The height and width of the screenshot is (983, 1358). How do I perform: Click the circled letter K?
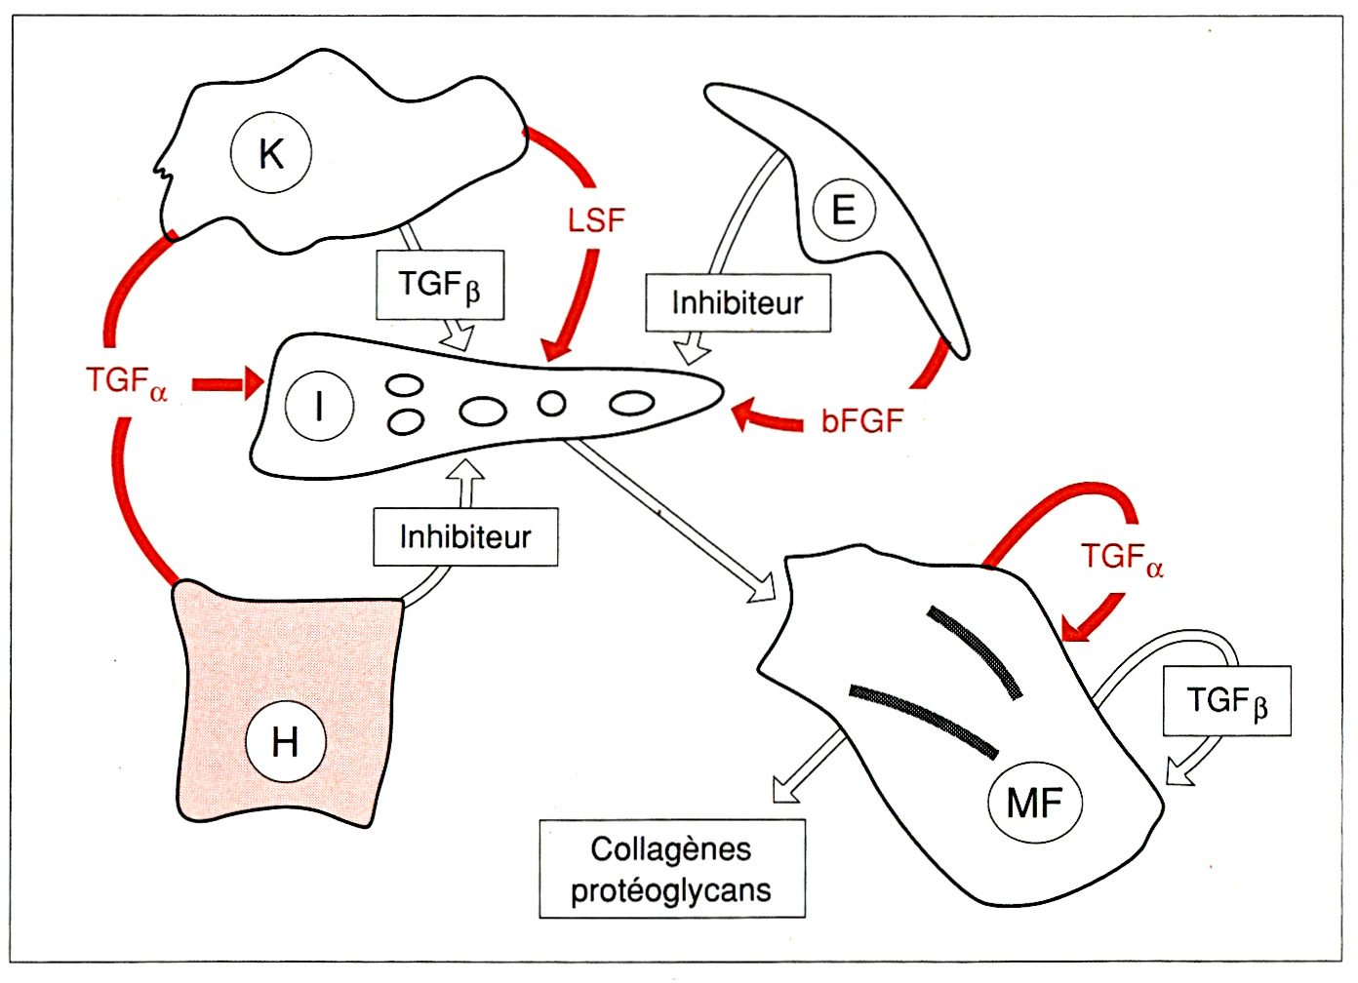click(x=271, y=153)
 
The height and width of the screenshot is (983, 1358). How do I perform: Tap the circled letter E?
click(x=843, y=210)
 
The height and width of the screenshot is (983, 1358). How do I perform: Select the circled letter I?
click(x=319, y=405)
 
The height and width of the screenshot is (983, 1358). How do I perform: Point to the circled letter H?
click(x=285, y=742)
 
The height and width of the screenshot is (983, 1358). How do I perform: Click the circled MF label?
click(x=1034, y=804)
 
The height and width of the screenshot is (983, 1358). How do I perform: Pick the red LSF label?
click(x=595, y=220)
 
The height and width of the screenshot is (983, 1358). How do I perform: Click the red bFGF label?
click(x=862, y=421)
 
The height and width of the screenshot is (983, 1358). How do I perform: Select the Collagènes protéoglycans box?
click(x=672, y=869)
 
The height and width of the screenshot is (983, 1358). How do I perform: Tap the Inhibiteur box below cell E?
click(x=738, y=303)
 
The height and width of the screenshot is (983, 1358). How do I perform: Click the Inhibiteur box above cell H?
click(x=465, y=536)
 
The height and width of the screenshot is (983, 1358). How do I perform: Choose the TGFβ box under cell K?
click(x=440, y=285)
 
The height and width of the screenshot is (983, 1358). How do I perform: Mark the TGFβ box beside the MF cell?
click(x=1226, y=700)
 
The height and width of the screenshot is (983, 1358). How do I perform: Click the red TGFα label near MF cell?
click(x=1122, y=558)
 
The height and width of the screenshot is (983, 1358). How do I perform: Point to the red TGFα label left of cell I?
click(x=127, y=381)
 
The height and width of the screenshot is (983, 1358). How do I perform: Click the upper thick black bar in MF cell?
click(x=974, y=650)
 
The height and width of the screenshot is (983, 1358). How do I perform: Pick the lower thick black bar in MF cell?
click(x=922, y=719)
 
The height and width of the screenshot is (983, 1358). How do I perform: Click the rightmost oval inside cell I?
click(x=632, y=402)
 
